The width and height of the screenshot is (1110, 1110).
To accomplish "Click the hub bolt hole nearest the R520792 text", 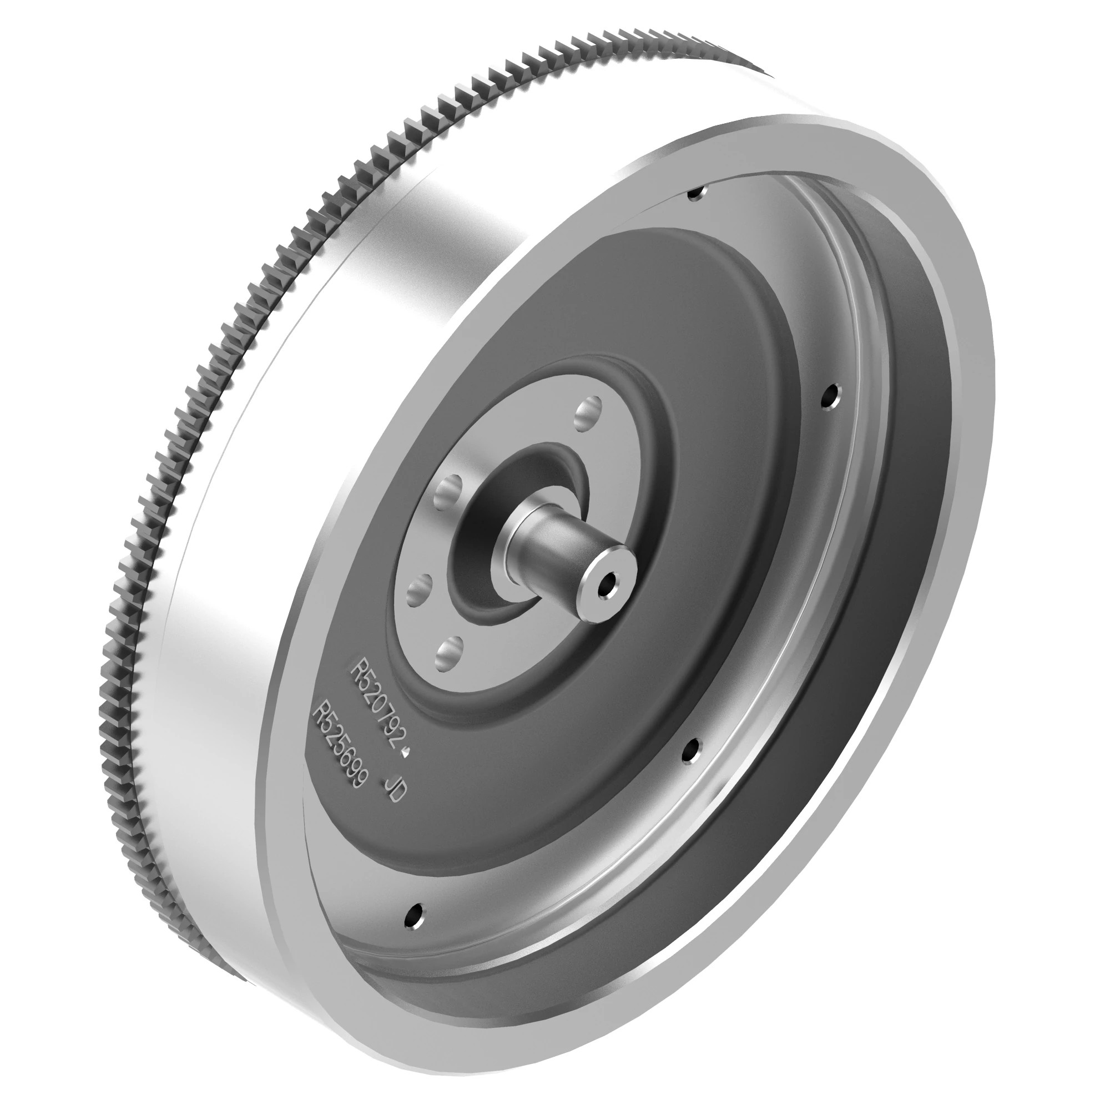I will [x=450, y=654].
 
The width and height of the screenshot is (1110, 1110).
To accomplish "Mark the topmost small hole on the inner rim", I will [x=696, y=194].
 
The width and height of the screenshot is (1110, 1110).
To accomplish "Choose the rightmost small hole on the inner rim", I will [x=831, y=396].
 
